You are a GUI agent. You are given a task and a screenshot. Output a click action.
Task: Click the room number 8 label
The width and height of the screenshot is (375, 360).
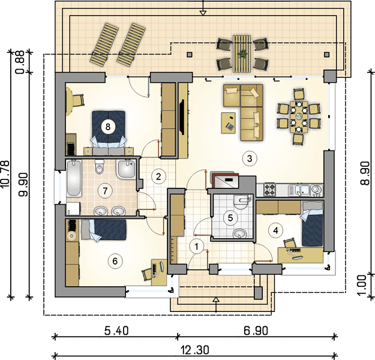[x=108, y=127]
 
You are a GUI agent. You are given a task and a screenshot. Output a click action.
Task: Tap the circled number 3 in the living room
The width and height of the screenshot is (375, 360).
[x=250, y=158]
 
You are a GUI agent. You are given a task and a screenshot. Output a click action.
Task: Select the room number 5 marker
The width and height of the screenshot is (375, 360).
[x=230, y=218]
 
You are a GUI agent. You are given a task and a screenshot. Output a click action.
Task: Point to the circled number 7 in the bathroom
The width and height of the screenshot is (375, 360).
[x=105, y=191]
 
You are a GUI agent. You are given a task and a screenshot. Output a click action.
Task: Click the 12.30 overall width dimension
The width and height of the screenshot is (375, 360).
[x=194, y=350]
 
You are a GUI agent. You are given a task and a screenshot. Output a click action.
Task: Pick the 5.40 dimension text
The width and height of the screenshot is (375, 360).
[x=116, y=331]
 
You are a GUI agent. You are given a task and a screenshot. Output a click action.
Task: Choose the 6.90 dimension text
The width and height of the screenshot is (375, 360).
[x=256, y=331]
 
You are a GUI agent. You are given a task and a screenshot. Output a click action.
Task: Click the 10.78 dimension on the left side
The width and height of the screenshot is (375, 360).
[x=5, y=174]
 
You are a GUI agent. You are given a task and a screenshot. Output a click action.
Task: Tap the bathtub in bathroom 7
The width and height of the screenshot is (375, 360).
[x=73, y=178]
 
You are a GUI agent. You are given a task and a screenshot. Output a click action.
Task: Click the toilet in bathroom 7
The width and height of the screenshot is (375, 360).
[x=99, y=167]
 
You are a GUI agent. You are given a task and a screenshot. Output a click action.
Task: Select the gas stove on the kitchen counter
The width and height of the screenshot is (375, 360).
[x=269, y=190]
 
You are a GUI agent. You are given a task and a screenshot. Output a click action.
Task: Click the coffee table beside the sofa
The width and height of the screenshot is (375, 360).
[x=228, y=123]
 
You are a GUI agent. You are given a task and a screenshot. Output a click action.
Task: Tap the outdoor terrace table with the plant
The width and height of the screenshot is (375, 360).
[x=242, y=53]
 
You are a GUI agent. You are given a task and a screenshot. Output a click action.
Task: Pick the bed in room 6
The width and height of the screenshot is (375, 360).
[x=104, y=230]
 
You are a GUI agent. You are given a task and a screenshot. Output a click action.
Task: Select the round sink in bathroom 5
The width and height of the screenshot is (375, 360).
[x=239, y=233]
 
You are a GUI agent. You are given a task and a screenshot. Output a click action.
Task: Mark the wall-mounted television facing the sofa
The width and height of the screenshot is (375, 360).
[x=182, y=117]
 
